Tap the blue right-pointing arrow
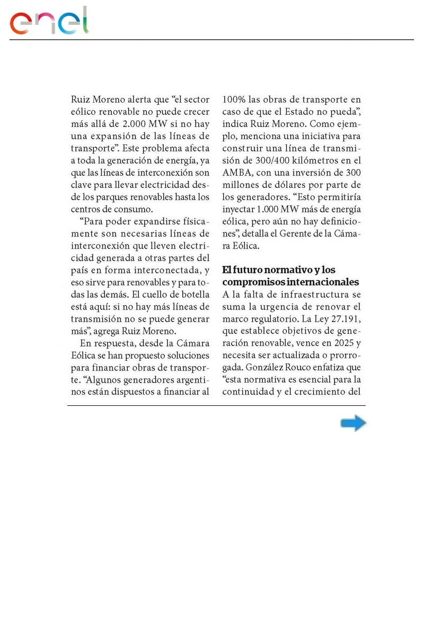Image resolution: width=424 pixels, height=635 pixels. pos(353,423)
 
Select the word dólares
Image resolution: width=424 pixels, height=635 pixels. pos(285,185)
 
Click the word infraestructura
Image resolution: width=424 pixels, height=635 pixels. pos(311,294)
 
